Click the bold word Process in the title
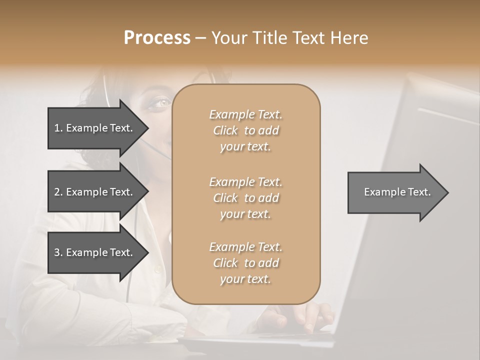[157, 38]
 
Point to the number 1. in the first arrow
[58, 128]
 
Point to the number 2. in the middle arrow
[58, 192]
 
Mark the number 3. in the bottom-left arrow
[58, 252]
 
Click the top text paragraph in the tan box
[245, 130]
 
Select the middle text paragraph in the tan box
[245, 198]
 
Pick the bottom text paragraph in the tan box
[245, 263]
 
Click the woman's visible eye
[162, 102]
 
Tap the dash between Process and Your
[200, 38]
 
